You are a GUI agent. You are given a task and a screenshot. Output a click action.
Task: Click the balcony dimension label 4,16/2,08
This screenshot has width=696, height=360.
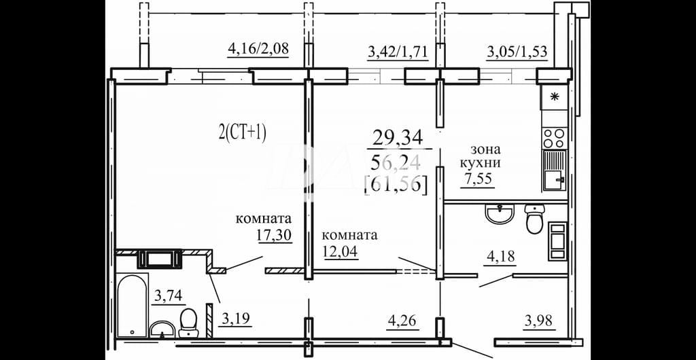click(x=258, y=48)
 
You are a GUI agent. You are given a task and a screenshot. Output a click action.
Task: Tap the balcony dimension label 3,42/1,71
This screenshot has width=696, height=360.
click(x=398, y=51)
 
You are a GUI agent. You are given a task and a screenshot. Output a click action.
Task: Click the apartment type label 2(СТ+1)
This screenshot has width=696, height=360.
click(x=243, y=133)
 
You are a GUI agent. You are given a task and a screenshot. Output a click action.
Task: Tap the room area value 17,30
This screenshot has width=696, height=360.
click(x=275, y=234)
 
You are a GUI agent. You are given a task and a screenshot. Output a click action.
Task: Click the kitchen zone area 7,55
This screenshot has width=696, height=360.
click(x=478, y=181)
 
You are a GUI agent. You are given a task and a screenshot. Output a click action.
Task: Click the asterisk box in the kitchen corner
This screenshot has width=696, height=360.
click(x=553, y=97)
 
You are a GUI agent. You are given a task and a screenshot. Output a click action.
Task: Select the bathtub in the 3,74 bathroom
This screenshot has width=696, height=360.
click(x=133, y=306)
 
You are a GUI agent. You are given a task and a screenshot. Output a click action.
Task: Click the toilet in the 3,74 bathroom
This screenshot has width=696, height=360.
click(x=188, y=323)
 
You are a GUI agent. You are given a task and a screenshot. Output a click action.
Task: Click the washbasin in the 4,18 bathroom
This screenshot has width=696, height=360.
click(x=500, y=214)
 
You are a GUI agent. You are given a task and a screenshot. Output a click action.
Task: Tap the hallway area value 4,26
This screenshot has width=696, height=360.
click(x=402, y=321)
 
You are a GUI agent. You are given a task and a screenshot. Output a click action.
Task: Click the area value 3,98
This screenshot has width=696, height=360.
click(x=540, y=321)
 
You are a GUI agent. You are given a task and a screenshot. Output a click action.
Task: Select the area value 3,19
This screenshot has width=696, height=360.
click(x=234, y=319)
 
